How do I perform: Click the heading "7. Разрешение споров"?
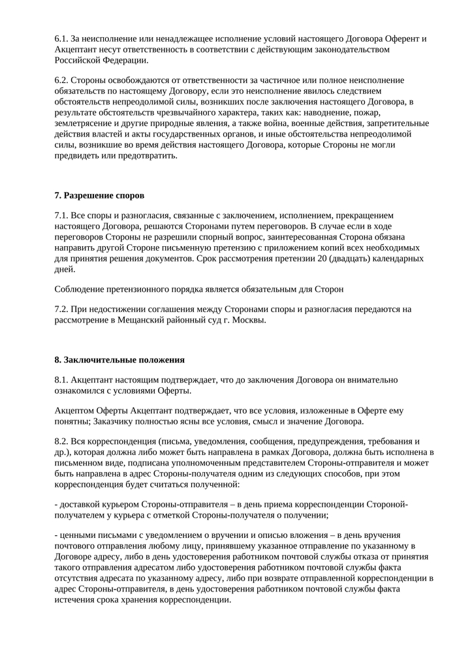(x=99, y=195)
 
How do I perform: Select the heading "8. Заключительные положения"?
(x=119, y=360)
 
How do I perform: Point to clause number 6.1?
(x=61, y=39)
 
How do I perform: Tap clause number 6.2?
(x=61, y=80)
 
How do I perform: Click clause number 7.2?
(x=61, y=309)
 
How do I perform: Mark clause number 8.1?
(x=61, y=379)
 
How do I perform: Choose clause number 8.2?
(x=61, y=441)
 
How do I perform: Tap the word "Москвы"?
(x=247, y=320)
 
